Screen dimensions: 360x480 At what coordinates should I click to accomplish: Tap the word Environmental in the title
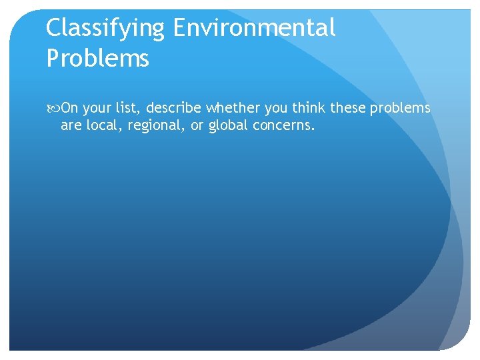coord(254,28)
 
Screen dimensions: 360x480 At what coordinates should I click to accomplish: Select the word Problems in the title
coord(97,59)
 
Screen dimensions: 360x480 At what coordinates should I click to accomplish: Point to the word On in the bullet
coord(69,108)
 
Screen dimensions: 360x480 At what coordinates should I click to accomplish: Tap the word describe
coord(175,108)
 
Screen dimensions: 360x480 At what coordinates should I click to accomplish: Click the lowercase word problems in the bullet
coord(400,109)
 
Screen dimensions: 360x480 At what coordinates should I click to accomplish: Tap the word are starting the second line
coord(70,125)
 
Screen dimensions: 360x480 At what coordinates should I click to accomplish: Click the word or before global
coord(197,125)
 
